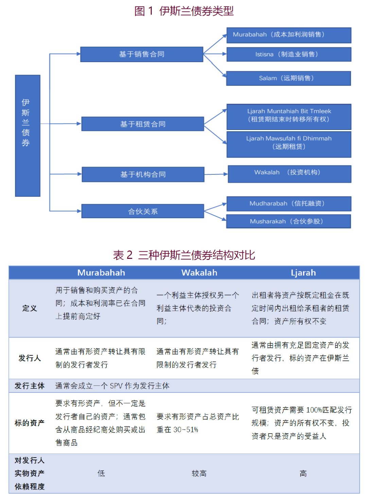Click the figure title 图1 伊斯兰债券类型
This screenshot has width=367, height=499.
[184, 11]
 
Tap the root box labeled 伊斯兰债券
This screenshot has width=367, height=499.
[28, 136]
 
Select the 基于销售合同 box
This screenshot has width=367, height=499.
[141, 54]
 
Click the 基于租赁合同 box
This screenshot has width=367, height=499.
[142, 124]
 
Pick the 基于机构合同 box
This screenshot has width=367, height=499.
[143, 174]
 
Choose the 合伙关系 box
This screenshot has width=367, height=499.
[142, 211]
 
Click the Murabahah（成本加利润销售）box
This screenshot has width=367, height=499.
[289, 35]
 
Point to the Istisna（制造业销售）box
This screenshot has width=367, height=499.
[289, 54]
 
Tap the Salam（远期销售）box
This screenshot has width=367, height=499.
[289, 78]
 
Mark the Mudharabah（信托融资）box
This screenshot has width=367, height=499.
[289, 204]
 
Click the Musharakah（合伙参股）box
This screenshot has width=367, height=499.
[289, 221]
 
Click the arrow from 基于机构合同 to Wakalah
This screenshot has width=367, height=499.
[216, 174]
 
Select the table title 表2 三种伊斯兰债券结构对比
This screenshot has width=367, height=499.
[184, 255]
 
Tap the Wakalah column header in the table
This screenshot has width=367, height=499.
[199, 273]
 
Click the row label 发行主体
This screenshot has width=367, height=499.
[30, 386]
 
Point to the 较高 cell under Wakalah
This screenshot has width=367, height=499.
[199, 473]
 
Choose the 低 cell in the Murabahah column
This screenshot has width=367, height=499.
[101, 473]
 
